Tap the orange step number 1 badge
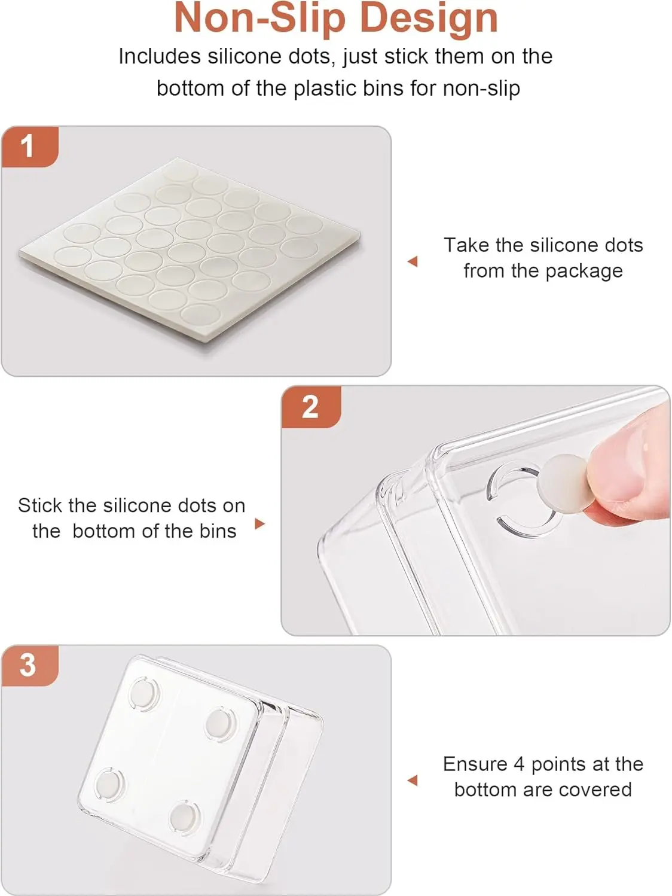coord(30,147)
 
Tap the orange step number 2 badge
coord(311,407)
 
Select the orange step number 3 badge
coord(30,665)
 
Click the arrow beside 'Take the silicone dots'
coord(413,261)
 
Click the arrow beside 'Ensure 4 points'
coord(413,781)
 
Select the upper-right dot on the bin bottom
coord(219,724)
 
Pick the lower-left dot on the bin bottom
coord(109,784)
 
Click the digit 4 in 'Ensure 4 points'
coord(519,764)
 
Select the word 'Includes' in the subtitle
coord(160,56)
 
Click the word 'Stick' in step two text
coord(41,506)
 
